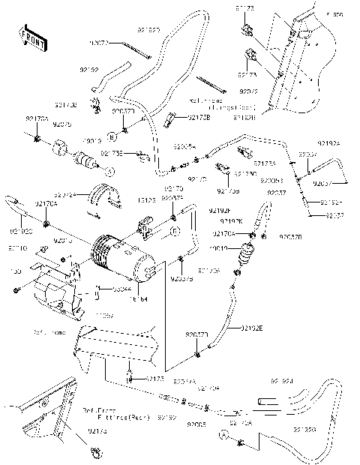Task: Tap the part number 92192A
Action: coord(328,143)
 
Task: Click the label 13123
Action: coord(147,200)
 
